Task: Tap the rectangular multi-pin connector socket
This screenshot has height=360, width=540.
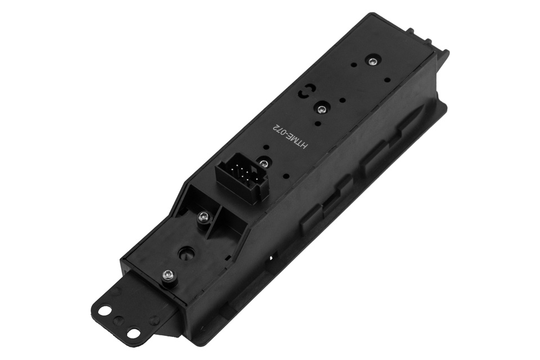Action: click(x=240, y=175)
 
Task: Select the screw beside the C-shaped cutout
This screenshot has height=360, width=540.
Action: click(x=322, y=110)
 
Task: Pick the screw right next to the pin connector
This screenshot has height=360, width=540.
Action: click(x=264, y=162)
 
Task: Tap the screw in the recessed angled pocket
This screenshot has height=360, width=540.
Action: click(x=203, y=217)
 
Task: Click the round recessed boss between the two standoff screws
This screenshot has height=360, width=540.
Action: click(x=185, y=255)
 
